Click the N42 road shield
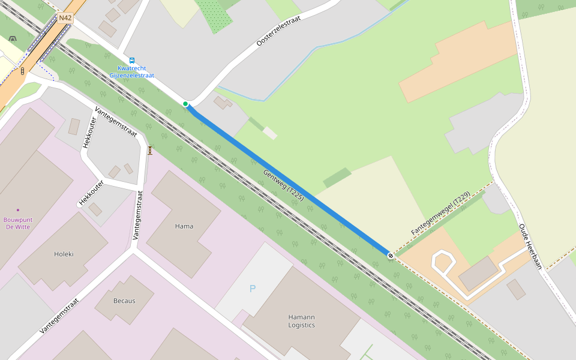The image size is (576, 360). [65, 18]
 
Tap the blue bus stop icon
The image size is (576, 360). [132, 61]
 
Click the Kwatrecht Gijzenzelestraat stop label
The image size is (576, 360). [132, 72]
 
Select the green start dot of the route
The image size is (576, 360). [186, 104]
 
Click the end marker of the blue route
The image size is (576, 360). [391, 256]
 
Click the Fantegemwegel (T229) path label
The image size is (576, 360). [440, 214]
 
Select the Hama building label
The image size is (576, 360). [184, 226]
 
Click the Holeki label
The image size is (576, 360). [64, 254]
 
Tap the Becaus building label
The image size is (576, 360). [124, 301]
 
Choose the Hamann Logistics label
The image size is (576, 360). [301, 321]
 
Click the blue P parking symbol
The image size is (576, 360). [253, 289]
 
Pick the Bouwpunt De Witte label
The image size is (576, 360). [18, 223]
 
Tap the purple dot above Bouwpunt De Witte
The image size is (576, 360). [18, 210]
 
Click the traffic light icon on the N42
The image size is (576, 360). [23, 71]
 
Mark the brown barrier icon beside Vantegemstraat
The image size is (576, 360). [150, 150]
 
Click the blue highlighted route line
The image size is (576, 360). [288, 180]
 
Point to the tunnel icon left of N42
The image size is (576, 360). [13, 40]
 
